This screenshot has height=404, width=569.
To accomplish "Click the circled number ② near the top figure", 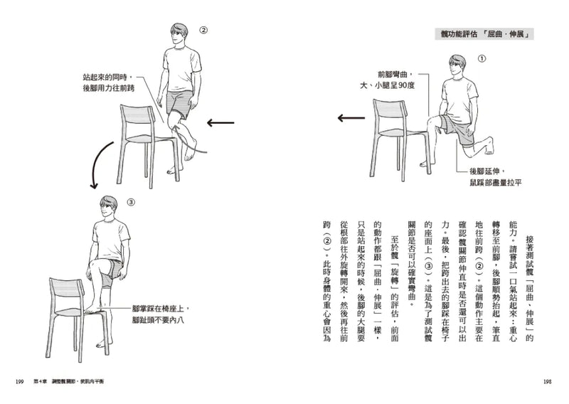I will pos(203,31).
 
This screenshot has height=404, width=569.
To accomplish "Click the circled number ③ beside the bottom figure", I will pos(130,202).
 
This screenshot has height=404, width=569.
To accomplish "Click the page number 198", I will pos(547,382).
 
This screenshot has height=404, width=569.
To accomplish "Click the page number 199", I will pos(20,382).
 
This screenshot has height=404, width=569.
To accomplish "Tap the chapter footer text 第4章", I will pos(41,382).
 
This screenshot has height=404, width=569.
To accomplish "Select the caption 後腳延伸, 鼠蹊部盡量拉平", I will pos(493,177).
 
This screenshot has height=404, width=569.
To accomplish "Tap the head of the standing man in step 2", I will pos(179,36).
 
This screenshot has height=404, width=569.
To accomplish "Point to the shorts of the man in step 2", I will pos(180,103).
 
